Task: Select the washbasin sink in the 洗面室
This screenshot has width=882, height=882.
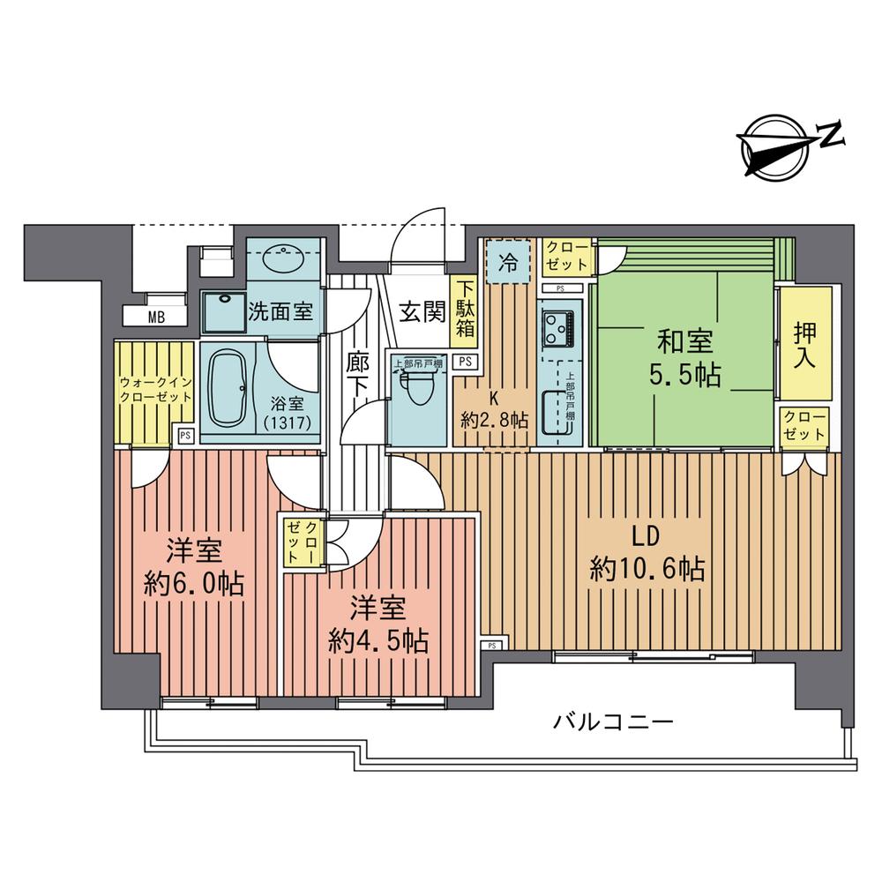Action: [284, 258]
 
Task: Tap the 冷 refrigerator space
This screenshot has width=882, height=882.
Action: [508, 261]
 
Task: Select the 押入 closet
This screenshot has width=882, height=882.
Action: [804, 344]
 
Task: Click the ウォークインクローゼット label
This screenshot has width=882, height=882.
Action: [155, 389]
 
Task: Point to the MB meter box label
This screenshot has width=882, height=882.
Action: [155, 318]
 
